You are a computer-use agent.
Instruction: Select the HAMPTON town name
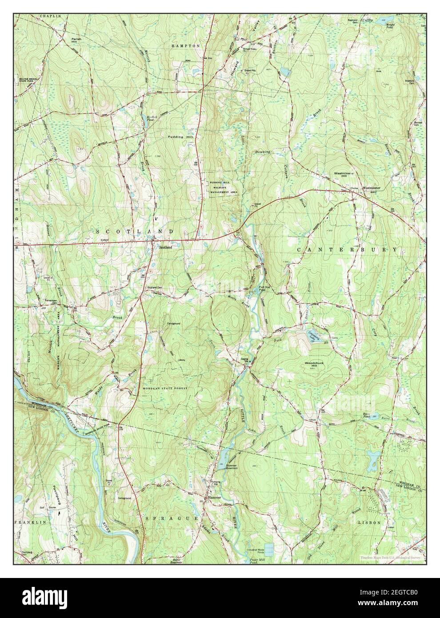point(186,46)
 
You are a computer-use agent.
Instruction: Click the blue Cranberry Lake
point(311,336)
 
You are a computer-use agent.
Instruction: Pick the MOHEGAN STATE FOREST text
point(164,388)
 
